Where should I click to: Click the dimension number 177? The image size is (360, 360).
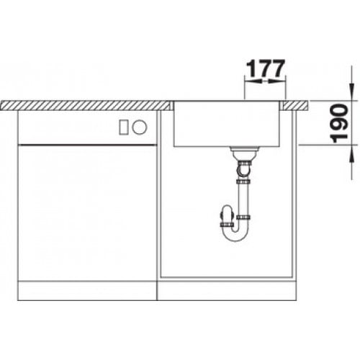pos(266,68)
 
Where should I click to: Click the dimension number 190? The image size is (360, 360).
pos(338,123)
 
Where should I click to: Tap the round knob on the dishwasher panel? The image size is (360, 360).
pos(140,127)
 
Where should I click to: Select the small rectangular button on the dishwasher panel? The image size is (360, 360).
pos(124,127)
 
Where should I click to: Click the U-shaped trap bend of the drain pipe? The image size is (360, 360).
pos(235,235)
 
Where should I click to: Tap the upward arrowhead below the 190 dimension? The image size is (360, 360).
pos(351,158)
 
